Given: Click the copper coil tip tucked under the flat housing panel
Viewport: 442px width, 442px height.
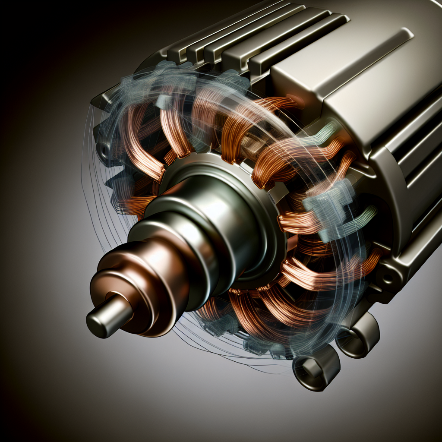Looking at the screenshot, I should (281, 104).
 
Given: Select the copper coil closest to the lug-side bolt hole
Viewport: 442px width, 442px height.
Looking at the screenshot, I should (328, 272).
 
